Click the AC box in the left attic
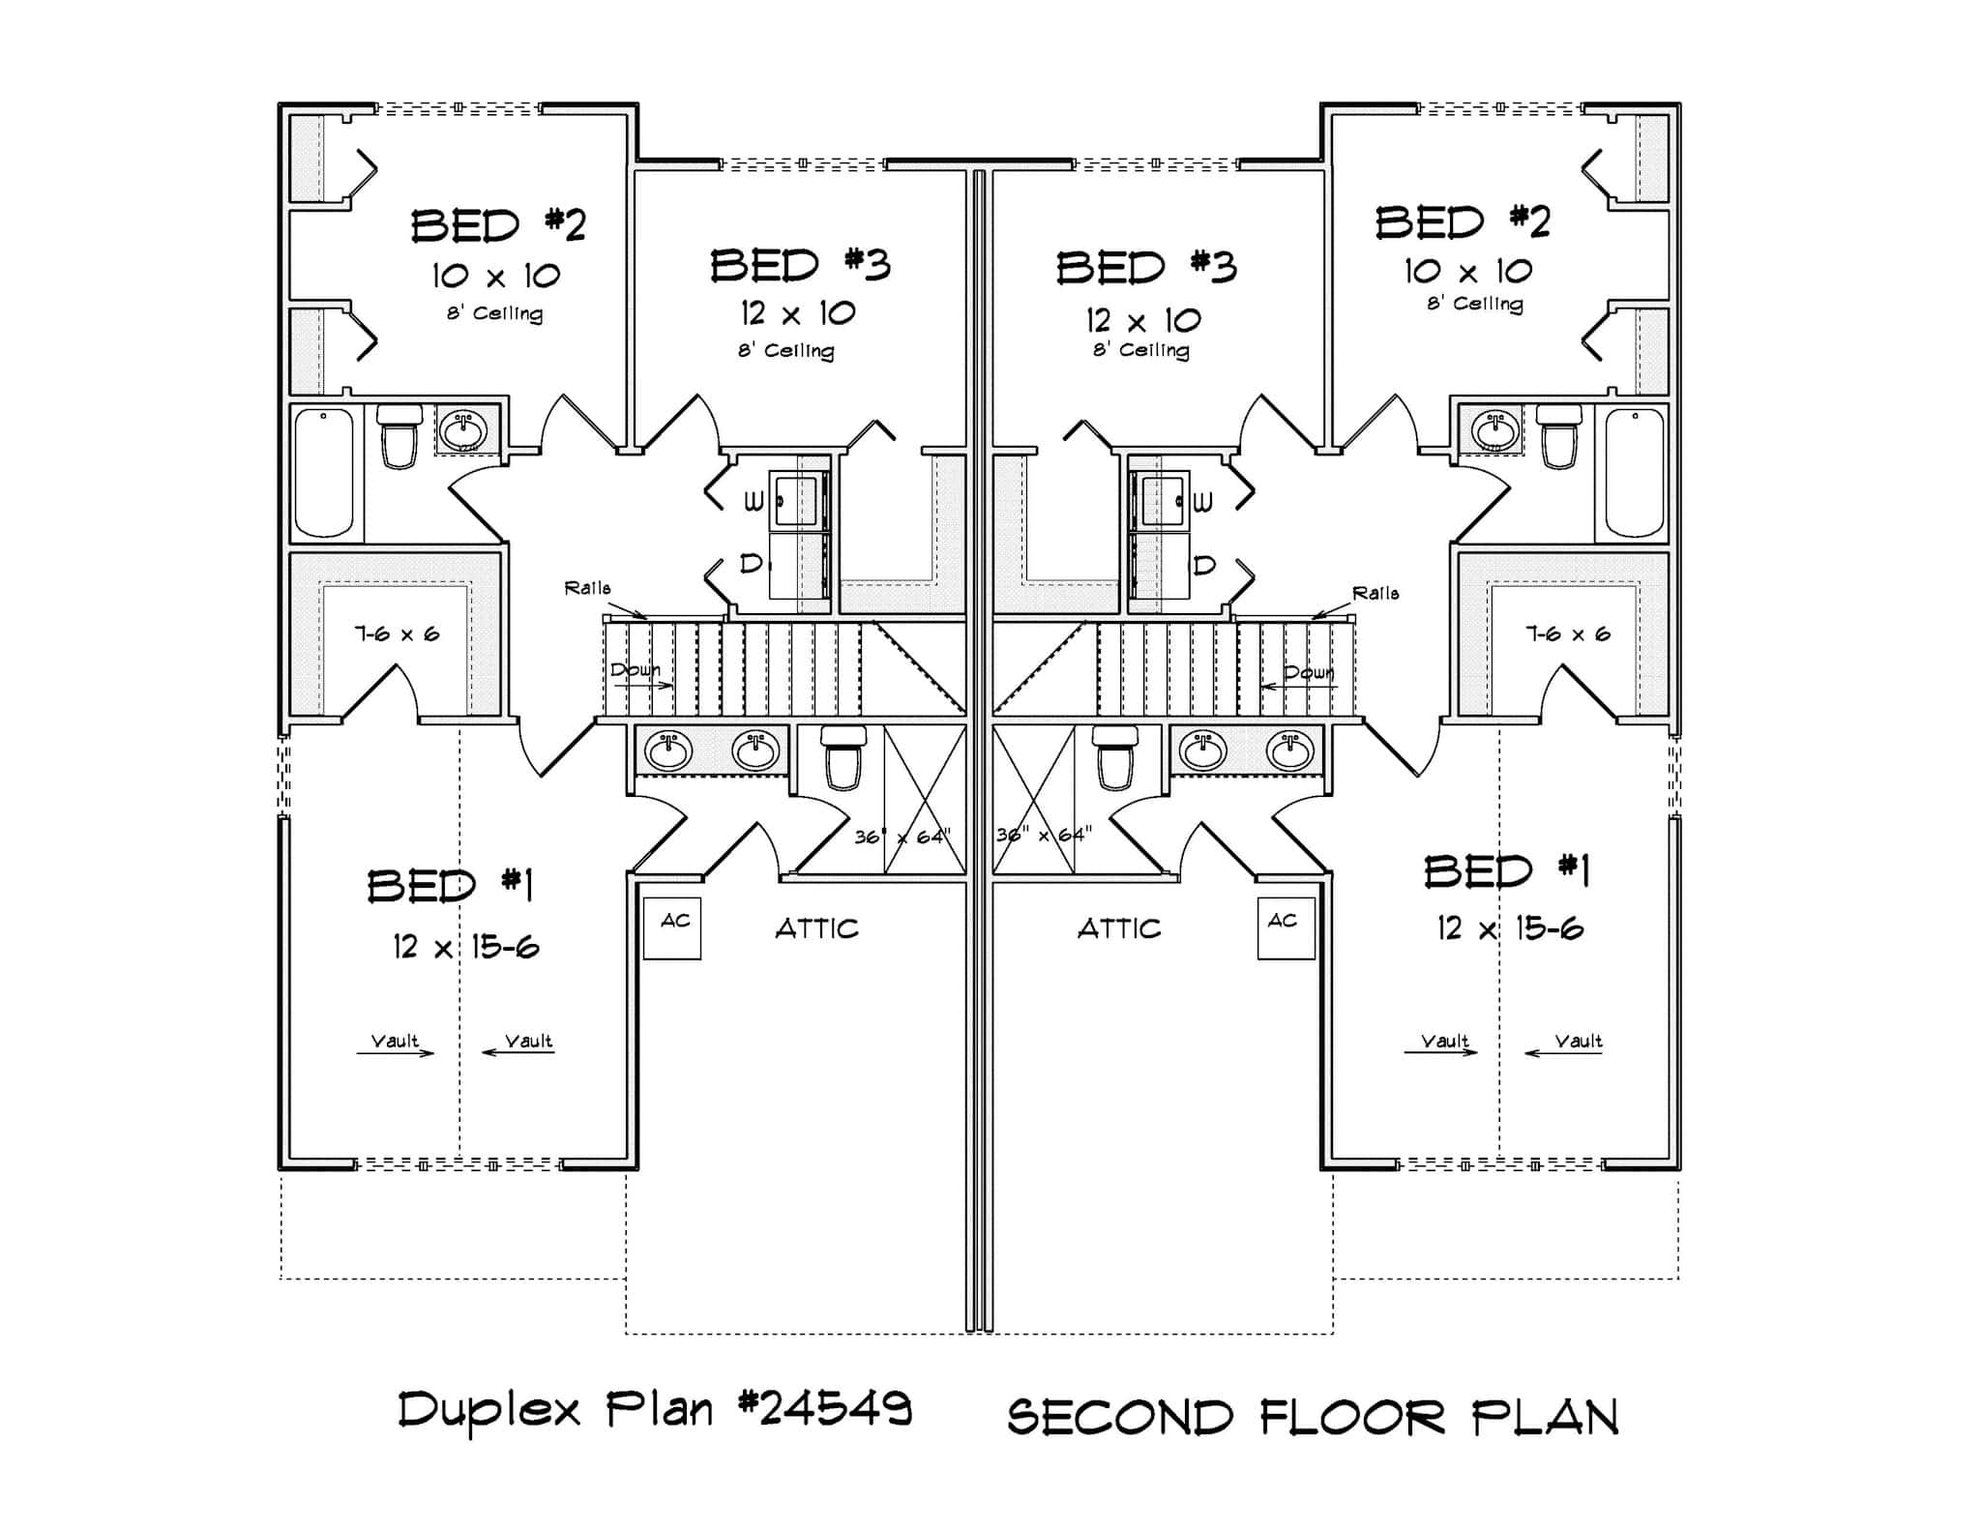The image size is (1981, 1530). tap(671, 928)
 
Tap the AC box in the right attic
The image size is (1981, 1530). tap(1286, 928)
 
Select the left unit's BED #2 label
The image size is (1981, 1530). tap(498, 225)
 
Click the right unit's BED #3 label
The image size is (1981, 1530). tap(1145, 268)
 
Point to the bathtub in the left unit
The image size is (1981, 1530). tap(324, 472)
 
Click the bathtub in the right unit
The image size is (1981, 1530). tap(1635, 472)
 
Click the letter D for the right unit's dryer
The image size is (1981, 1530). tap(1204, 564)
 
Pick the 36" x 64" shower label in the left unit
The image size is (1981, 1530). tap(902, 836)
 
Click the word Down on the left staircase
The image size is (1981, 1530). tap(635, 670)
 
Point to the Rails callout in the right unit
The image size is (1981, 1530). tap(1375, 593)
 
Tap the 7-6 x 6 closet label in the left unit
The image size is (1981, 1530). tap(397, 634)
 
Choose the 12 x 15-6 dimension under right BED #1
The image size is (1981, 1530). tap(1509, 929)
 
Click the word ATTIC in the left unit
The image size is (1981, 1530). tap(816, 929)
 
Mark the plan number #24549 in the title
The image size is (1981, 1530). tap(824, 1409)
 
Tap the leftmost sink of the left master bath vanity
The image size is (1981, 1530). tap(668, 751)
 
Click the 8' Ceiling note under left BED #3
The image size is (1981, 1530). tap(785, 350)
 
